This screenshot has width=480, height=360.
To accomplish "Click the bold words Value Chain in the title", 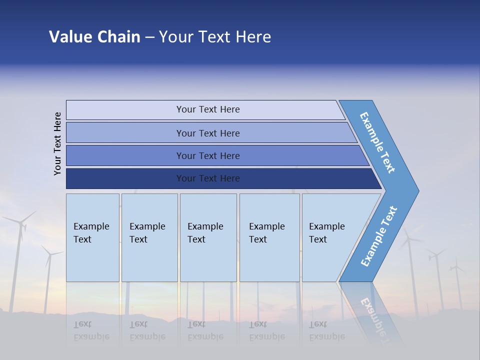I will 94,37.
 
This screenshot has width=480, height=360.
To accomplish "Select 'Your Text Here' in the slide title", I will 215,37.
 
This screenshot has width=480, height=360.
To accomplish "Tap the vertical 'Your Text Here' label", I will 58,143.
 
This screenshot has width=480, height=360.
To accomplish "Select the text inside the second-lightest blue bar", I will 208,133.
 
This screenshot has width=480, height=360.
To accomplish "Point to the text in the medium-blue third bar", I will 208,156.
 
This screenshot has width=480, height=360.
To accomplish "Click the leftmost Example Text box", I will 92,237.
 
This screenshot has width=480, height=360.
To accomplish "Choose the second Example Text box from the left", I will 149,237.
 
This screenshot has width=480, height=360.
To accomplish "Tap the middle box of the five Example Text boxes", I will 208,237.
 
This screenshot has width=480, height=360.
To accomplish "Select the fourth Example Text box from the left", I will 269,237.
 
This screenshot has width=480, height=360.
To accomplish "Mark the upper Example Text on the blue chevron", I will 377,142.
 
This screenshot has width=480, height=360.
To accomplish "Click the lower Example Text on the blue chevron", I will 379,236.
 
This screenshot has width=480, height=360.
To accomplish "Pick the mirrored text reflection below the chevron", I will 372,315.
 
